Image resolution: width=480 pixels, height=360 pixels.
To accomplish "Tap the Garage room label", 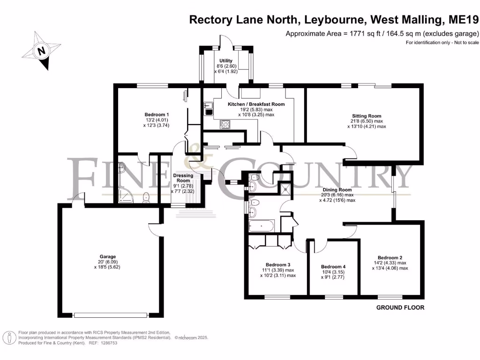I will (x=107, y=257).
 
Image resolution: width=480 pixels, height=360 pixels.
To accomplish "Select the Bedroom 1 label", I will (x=157, y=115).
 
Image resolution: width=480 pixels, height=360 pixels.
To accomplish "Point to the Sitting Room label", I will (x=367, y=116).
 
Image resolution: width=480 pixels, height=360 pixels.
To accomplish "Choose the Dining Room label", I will (x=337, y=189).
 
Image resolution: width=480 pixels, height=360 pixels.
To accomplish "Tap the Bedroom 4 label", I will (x=333, y=267).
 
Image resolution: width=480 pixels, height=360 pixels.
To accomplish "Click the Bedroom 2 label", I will (x=390, y=257).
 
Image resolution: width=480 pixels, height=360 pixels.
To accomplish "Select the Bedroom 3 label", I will (x=278, y=264).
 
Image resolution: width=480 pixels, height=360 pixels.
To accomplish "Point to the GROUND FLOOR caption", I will (x=400, y=308).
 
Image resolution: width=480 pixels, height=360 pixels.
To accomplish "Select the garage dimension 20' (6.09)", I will (x=107, y=262).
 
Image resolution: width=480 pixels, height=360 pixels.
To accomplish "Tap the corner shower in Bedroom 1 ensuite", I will (x=125, y=197).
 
